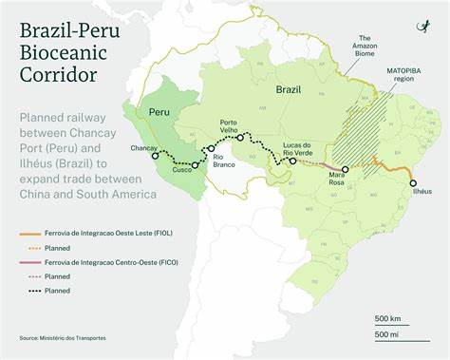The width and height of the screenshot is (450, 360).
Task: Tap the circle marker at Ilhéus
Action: (413, 182)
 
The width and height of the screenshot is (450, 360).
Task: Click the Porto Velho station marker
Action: (241, 138)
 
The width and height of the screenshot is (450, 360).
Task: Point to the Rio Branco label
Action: (224, 161)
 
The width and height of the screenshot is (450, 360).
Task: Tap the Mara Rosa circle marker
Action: (346, 170)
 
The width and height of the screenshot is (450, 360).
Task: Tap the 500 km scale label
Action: (388, 317)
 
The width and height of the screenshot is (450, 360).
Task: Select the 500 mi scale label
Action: (388, 333)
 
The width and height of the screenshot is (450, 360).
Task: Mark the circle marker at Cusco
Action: (195, 165)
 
